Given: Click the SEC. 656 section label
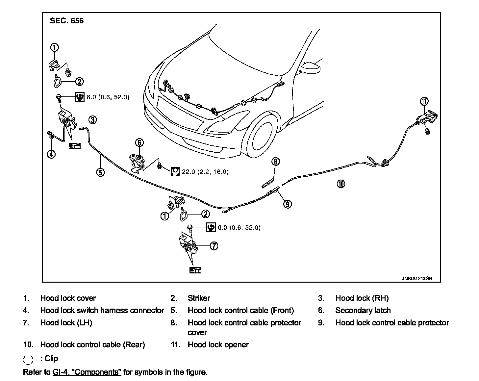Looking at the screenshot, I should pyautogui.click(x=67, y=21).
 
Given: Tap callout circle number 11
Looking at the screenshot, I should pyautogui.click(x=424, y=101).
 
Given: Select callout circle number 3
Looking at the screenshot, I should pyautogui.click(x=92, y=120).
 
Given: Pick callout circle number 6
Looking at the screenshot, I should pyautogui.click(x=139, y=142).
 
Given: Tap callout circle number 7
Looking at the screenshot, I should pyautogui.click(x=214, y=245).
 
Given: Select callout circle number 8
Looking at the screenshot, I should pyautogui.click(x=276, y=161).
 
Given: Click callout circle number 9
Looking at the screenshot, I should pyautogui.click(x=288, y=204).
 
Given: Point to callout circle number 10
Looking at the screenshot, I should pyautogui.click(x=341, y=184).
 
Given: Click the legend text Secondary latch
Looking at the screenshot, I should pyautogui.click(x=363, y=310).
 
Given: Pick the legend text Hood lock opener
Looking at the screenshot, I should pyautogui.click(x=218, y=344).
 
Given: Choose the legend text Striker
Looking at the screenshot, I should pyautogui.click(x=199, y=298).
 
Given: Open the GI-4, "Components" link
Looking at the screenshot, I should pyautogui.click(x=87, y=372).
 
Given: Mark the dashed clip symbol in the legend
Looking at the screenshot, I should pyautogui.click(x=28, y=359).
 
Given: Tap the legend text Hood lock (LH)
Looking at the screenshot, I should pyautogui.click(x=66, y=323).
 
